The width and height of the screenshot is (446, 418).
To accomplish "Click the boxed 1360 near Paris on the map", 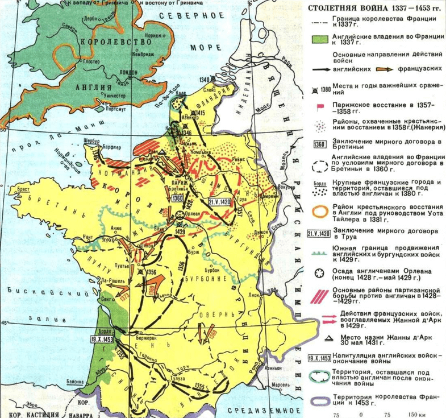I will pyautogui.click(x=176, y=198).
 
